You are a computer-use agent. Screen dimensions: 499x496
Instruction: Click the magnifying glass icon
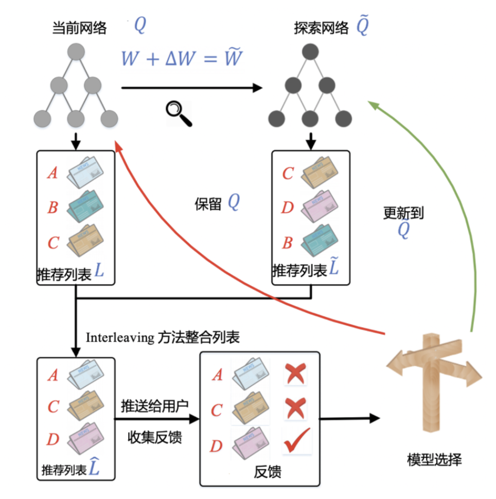(178, 113)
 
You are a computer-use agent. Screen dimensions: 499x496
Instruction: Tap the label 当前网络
(79, 28)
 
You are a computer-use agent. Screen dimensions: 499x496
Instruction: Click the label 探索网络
(322, 28)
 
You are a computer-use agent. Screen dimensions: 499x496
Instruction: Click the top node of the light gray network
(76, 52)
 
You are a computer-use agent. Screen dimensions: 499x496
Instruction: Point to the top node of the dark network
(310, 52)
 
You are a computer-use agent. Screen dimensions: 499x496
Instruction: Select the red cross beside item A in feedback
(295, 374)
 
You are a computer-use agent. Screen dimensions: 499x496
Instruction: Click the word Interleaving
(120, 338)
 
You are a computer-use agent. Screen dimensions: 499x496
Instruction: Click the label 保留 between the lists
(207, 204)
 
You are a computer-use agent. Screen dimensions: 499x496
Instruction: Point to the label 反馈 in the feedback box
(268, 472)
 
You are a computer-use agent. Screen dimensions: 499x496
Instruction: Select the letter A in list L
(52, 173)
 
